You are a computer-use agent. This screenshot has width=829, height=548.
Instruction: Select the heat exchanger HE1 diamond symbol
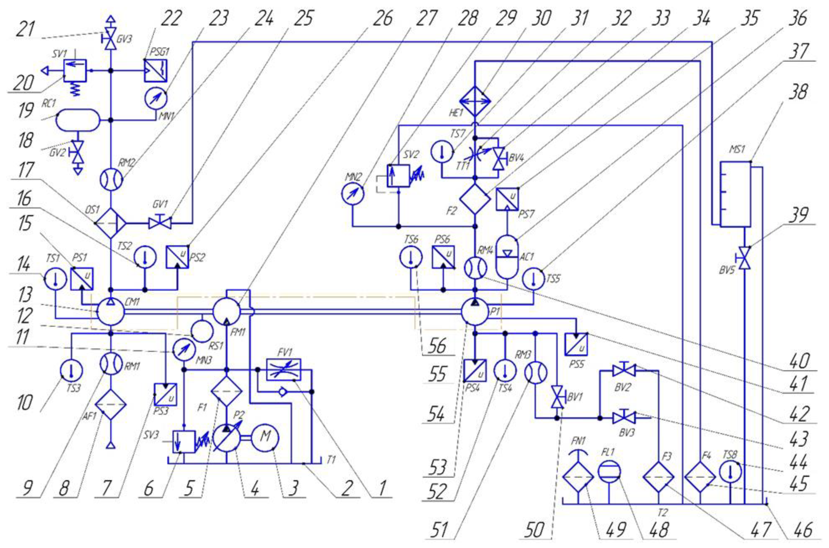tap(475, 101)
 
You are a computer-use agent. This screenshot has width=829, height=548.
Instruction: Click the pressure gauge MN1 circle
tap(156, 98)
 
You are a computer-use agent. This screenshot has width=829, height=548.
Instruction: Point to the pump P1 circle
tap(475, 312)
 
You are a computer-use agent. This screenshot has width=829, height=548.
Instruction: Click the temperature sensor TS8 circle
tap(730, 472)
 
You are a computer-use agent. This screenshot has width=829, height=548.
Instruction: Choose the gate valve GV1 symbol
tap(160, 223)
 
